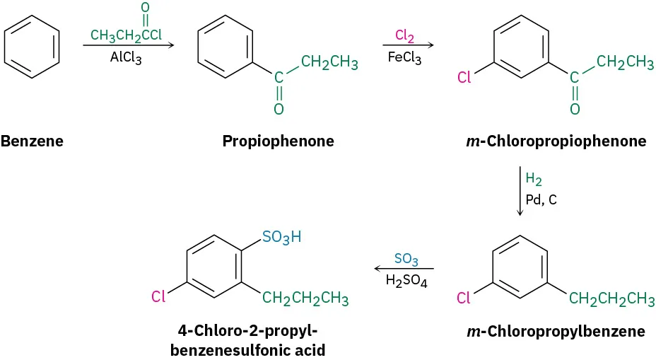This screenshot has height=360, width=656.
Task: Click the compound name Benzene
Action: point(32,141)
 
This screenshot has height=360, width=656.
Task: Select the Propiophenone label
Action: point(278,141)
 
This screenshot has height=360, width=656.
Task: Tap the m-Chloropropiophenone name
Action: point(556,141)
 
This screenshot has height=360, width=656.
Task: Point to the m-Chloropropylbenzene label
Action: point(556,331)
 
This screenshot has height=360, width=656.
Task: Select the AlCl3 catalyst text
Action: point(126,59)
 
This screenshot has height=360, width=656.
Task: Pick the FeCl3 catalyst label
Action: point(404,59)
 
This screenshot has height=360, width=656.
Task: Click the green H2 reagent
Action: point(534,180)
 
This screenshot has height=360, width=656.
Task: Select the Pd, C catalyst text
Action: point(541,199)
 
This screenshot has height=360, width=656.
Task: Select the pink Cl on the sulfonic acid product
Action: point(158,296)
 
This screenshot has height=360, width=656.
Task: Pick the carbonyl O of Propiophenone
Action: point(279,108)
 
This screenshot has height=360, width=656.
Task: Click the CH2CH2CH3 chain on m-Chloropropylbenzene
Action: point(611,298)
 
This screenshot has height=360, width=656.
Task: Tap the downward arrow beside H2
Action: point(520,191)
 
